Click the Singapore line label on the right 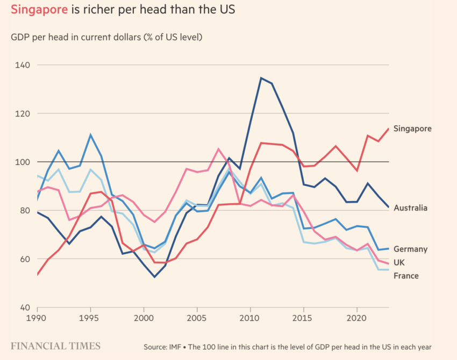(412, 128)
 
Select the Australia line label (410, 208)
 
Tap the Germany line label (410, 249)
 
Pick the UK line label (399, 262)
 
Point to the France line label (406, 276)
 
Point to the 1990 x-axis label (38, 318)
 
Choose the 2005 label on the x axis (197, 318)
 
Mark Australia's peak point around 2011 (261, 78)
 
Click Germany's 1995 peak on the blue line (91, 135)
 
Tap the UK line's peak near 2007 (218, 149)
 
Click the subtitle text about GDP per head (106, 37)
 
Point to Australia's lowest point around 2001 (154, 277)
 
